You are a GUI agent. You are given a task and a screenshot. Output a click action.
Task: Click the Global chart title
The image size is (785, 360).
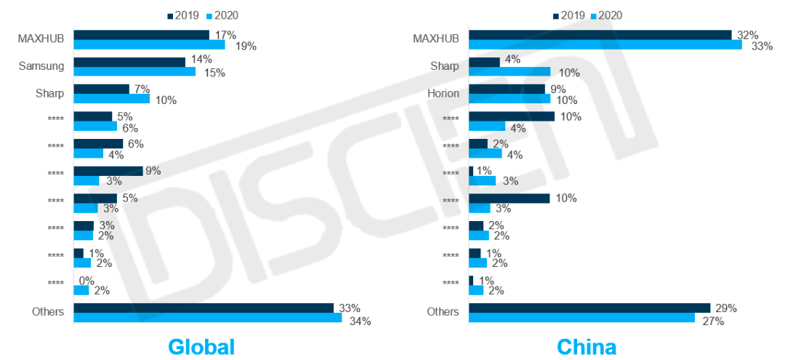point(201,346)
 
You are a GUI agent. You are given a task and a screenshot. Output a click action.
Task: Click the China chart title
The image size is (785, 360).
point(587,346)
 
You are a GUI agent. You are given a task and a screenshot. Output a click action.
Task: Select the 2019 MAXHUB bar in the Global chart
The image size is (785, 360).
point(141,35)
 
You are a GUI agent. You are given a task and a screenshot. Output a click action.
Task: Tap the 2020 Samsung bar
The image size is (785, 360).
point(134,72)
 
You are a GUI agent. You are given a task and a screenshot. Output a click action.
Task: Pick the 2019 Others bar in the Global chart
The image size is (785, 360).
point(204,308)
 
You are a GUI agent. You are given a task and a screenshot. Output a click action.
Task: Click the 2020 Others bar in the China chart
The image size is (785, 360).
point(581,318)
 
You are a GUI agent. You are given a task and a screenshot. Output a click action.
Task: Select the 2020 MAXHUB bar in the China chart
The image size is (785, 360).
point(605,45)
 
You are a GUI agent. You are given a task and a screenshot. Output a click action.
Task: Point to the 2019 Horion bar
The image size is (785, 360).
point(507,89)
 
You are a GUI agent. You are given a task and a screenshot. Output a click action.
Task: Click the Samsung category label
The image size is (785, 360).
point(41,66)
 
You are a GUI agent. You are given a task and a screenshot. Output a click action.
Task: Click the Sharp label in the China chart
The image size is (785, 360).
point(444,66)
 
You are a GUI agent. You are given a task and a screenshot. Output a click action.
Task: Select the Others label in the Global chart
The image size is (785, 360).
point(48,312)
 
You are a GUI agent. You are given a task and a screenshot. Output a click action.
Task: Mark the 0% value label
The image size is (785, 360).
point(87,280)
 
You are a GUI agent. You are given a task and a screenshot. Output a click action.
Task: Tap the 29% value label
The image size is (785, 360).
point(725,308)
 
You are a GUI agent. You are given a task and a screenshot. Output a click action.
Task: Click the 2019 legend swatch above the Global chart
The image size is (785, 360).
point(171,15)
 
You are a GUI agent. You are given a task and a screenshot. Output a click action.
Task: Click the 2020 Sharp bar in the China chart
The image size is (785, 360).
point(509,72)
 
